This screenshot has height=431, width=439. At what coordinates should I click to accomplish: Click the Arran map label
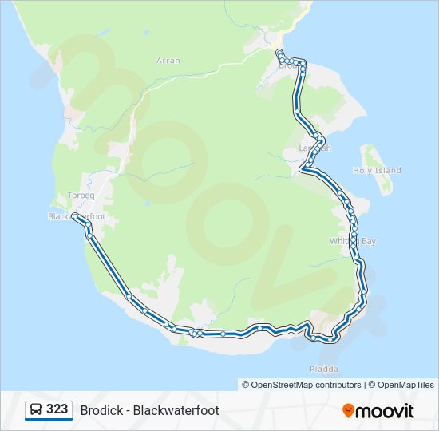point(168,60)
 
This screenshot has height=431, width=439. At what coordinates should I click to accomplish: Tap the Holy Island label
point(377,171)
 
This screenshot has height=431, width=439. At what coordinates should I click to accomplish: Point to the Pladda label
point(324,369)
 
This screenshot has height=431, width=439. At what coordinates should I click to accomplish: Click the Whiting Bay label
point(352,241)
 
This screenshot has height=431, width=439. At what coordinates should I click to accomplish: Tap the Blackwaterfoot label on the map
point(77,216)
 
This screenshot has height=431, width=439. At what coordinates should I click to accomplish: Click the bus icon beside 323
point(36,409)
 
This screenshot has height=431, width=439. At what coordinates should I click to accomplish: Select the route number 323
point(57,409)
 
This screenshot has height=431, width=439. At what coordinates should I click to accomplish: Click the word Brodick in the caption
point(101,410)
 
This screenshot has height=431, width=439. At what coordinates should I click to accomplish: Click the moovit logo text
point(385,411)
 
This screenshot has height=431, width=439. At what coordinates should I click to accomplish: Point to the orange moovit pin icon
point(348,411)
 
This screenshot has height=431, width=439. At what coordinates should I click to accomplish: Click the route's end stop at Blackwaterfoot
point(75,216)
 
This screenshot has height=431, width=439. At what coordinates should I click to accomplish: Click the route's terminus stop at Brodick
point(279,52)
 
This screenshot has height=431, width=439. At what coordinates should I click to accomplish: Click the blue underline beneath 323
point(49,420)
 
